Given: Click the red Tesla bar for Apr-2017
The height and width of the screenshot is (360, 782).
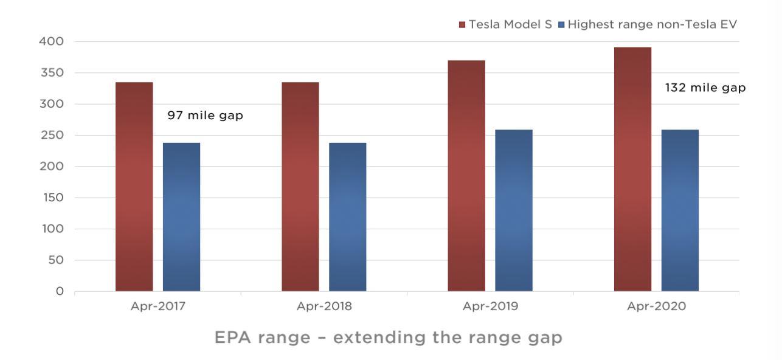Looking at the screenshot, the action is tap(134, 187).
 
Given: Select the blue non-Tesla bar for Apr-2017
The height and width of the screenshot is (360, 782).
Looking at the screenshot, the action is tap(182, 217).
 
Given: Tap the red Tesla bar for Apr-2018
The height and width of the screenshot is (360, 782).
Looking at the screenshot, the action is tap(300, 187).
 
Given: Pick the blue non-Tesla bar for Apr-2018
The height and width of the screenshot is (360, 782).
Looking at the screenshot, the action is tap(348, 217).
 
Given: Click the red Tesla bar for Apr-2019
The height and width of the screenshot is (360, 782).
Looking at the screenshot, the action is tap(466, 176).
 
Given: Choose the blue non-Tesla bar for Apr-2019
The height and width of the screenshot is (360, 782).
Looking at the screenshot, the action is tap(514, 210).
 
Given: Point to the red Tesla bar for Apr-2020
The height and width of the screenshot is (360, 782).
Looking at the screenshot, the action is tap(632, 169).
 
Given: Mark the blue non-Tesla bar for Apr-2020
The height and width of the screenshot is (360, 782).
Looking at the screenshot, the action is tap(680, 210).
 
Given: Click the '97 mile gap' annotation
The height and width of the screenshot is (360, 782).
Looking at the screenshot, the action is tap(206, 116).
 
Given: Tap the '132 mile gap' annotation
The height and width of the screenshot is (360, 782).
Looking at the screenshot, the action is tap(705, 88).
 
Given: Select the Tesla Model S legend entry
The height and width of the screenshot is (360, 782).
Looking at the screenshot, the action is tap(505, 24).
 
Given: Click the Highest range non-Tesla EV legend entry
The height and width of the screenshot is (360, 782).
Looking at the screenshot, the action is tap(648, 24).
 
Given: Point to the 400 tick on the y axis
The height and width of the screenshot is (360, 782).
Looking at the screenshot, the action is tap(51, 41).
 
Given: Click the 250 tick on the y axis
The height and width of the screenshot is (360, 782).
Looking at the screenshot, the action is tap(52, 135).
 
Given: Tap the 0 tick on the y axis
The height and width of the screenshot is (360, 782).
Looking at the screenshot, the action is tap(60, 291).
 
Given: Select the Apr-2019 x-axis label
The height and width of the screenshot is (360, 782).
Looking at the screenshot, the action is tap(491, 306).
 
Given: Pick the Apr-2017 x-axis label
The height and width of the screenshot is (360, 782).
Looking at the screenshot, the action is tap(157, 306).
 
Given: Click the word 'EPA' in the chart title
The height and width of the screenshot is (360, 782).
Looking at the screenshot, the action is tap(232, 337).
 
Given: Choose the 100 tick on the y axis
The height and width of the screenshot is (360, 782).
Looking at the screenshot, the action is tap(53, 229).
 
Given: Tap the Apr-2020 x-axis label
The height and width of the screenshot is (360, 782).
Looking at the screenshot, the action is tap(656, 306).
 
